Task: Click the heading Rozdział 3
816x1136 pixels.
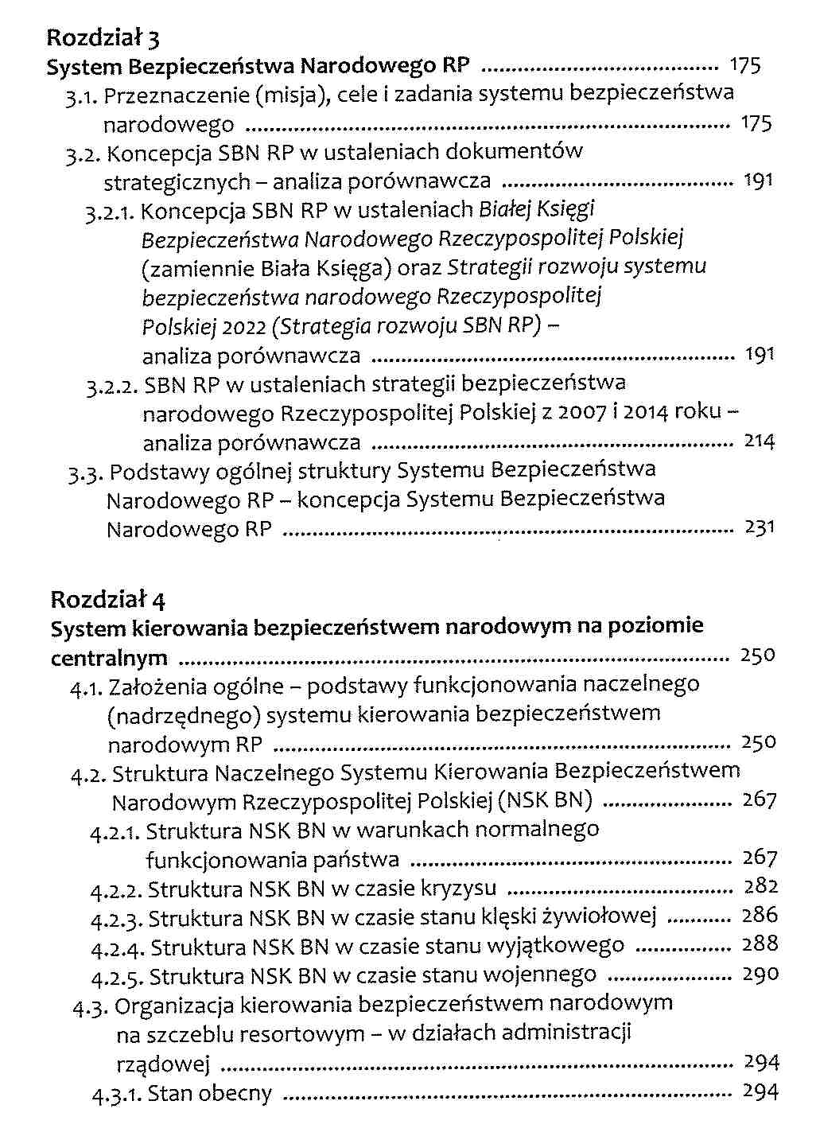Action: point(104,37)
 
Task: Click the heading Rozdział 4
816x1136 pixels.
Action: point(107,598)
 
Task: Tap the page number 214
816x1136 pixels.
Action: point(759,441)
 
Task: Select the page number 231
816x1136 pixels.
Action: point(759,527)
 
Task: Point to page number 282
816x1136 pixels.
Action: point(760,886)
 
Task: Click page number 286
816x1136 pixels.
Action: point(760,916)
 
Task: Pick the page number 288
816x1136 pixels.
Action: point(760,944)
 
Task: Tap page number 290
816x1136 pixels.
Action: point(760,974)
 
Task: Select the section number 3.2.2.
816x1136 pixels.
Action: point(113,387)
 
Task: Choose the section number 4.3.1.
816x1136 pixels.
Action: point(116,1095)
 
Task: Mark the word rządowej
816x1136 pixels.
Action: point(162,1064)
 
